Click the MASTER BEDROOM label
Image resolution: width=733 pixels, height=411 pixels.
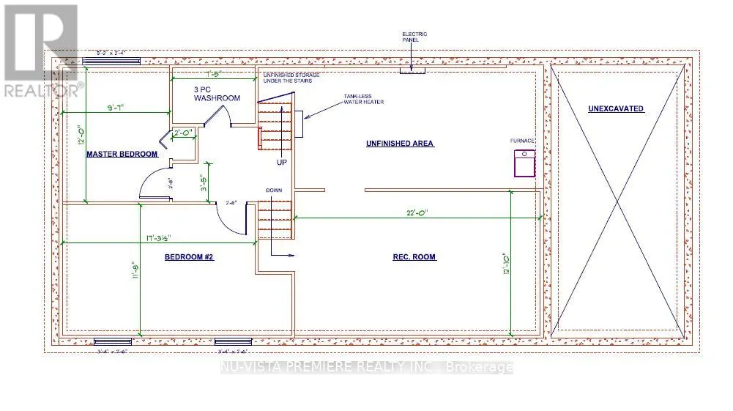[x=122, y=155]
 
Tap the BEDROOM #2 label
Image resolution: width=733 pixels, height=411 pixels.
[x=188, y=257]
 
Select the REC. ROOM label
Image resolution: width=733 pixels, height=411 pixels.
[x=414, y=257]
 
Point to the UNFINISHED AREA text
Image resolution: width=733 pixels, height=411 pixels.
[x=400, y=144]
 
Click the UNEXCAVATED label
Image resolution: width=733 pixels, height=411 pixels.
[x=616, y=109]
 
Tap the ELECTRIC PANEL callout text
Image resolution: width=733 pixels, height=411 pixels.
[x=414, y=37]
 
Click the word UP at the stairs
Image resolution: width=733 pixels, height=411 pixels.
[x=282, y=161]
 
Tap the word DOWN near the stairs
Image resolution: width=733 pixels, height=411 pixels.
[x=274, y=190]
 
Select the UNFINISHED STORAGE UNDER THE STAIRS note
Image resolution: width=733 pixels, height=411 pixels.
[x=287, y=77]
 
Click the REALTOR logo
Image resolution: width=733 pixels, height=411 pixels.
[x=40, y=51]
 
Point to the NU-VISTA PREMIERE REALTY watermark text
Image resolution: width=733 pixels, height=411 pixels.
[x=366, y=368]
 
